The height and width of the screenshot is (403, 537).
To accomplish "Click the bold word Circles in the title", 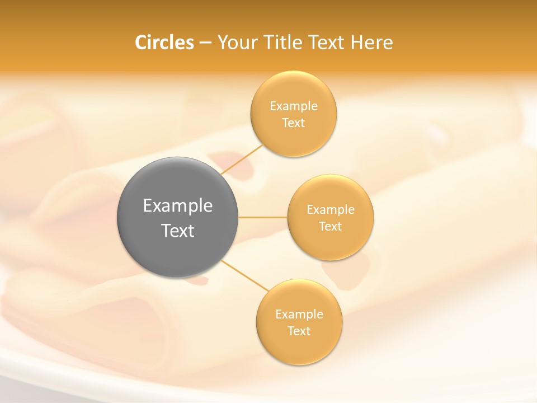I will tap(164, 43).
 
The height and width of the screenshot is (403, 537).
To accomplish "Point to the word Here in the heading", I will tap(371, 43).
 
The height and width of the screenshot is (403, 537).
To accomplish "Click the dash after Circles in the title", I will tap(205, 43).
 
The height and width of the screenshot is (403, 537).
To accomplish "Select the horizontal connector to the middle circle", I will tap(263, 217).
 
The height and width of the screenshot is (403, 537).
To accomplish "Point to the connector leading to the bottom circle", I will tap(244, 275).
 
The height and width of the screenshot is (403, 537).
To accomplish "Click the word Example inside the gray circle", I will tap(178, 206).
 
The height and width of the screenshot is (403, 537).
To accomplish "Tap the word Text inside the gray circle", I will tap(178, 231).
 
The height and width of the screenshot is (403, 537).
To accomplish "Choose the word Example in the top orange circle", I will tap(294, 106).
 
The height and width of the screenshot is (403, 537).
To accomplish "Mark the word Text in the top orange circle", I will tap(294, 123).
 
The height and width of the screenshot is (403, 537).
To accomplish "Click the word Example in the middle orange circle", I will tap(331, 210).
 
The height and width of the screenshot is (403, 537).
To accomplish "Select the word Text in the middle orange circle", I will tap(331, 227).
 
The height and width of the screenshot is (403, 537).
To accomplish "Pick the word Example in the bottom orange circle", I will tap(299, 315).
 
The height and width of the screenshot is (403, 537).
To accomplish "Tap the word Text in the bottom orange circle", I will tap(299, 331).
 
